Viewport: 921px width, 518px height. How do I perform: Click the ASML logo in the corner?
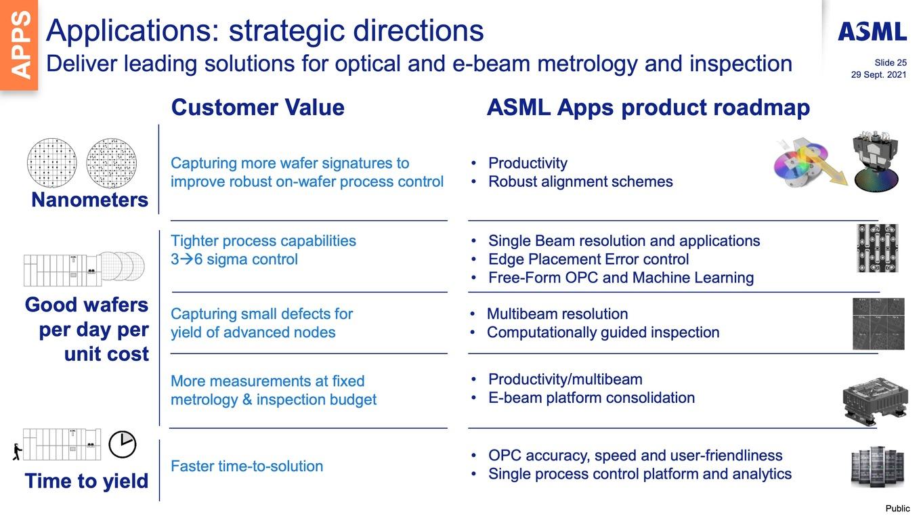pyautogui.click(x=872, y=32)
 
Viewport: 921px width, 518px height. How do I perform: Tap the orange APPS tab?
pyautogui.click(x=19, y=45)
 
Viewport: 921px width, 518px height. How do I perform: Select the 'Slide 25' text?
pyautogui.click(x=890, y=63)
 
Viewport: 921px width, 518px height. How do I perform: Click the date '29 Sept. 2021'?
pyautogui.click(x=878, y=74)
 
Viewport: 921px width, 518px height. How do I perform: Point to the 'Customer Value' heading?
pyautogui.click(x=258, y=108)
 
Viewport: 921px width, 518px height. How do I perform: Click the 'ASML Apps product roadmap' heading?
pyautogui.click(x=648, y=108)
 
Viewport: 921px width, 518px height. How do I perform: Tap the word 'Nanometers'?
pyautogui.click(x=89, y=200)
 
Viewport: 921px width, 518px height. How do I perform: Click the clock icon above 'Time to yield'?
pyautogui.click(x=122, y=444)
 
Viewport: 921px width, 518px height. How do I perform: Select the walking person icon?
pyautogui.click(x=17, y=452)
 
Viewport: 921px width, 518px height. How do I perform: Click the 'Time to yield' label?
pyautogui.click(x=87, y=481)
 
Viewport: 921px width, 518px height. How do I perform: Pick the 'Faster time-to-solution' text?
pyautogui.click(x=247, y=466)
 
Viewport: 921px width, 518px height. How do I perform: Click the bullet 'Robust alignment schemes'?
pyautogui.click(x=580, y=181)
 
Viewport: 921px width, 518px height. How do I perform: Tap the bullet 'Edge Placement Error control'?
pyautogui.click(x=588, y=259)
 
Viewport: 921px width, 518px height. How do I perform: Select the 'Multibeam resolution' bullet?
pyautogui.click(x=557, y=314)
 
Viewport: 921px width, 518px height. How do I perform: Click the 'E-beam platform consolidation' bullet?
pyautogui.click(x=591, y=398)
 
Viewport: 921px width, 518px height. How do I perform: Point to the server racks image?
pyautogui.click(x=877, y=467)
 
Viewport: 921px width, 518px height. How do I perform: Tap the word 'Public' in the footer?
pyautogui.click(x=897, y=509)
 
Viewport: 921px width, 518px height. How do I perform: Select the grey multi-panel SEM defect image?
pyautogui.click(x=878, y=324)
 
